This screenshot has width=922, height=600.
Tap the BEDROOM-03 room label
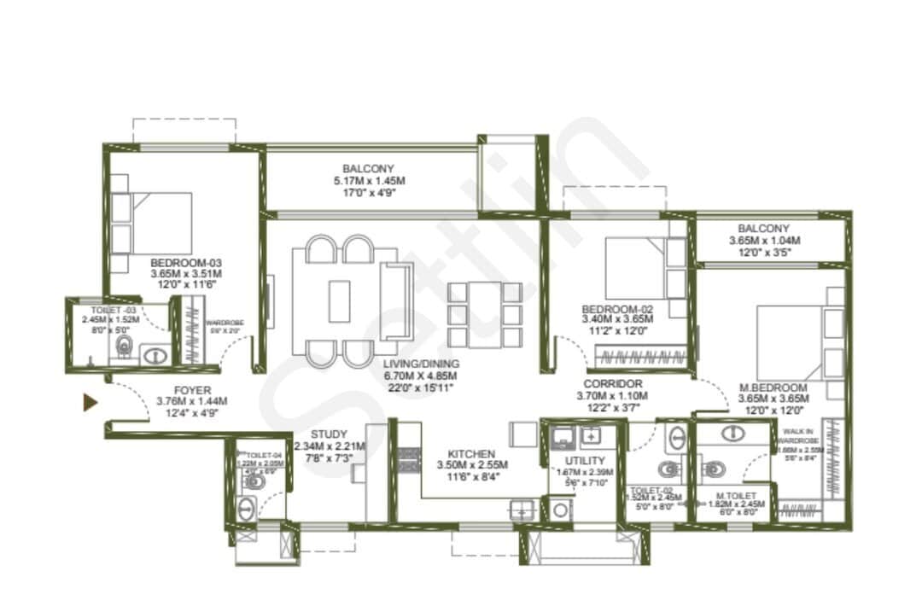click(x=186, y=262)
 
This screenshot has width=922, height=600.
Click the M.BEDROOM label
click(x=773, y=387)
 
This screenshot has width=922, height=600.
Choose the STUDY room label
click(x=329, y=434)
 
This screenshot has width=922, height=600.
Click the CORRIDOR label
click(x=613, y=384)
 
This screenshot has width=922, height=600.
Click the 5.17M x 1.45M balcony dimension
click(x=369, y=181)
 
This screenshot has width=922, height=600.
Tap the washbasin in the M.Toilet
click(x=732, y=433)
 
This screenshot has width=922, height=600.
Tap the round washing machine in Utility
click(x=560, y=510)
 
